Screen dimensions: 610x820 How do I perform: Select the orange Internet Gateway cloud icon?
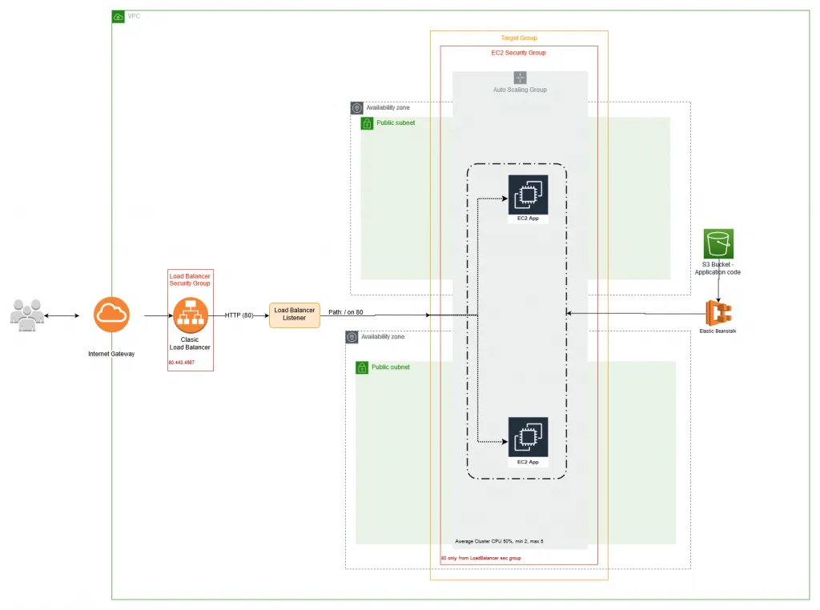coord(111,315)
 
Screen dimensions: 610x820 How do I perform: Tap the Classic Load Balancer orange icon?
coord(190,315)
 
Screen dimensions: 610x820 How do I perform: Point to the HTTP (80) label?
coord(239,315)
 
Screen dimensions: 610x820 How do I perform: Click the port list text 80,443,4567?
coord(182,363)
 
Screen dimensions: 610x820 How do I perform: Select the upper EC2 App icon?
coord(528,195)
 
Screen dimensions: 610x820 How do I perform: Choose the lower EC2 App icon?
coord(528,436)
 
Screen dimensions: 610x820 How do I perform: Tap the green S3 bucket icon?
coord(718,244)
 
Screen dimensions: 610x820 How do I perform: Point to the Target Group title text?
coord(519,38)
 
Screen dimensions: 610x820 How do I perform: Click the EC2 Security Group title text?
coord(518,53)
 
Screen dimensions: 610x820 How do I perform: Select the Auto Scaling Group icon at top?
coord(520,78)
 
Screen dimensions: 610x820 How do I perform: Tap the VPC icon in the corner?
coord(119,16)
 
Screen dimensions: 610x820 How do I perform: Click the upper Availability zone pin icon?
coord(356,108)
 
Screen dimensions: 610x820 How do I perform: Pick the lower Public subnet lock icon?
coord(362,367)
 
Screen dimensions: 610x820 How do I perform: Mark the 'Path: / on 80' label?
coord(346,312)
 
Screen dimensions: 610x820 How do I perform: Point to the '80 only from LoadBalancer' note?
coord(481,558)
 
